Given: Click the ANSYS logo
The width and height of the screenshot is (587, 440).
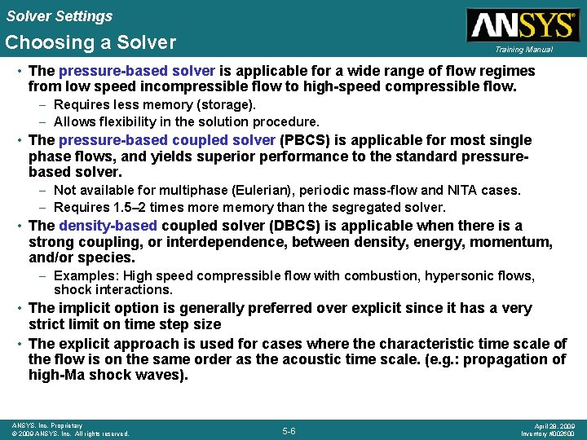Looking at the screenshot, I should pos(521,24).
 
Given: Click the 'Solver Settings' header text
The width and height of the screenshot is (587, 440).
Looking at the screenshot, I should pos(59,15).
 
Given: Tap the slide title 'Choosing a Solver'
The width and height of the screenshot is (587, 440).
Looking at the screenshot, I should pos(90,42).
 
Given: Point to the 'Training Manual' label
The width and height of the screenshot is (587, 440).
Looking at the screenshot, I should pos(523,50).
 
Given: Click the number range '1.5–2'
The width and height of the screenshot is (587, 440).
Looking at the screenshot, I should pos(130,208).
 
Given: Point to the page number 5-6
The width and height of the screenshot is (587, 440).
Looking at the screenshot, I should pos(289,431).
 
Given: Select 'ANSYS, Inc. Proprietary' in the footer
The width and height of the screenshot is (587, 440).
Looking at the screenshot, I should pos(46,425).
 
